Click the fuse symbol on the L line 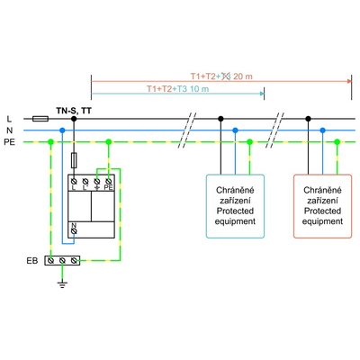40,118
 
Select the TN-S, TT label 73,109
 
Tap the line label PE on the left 9,141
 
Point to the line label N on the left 9,130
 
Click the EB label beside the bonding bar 31,260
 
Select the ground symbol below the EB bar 62,282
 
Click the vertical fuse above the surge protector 74,160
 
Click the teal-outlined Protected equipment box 235,206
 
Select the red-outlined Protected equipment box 321,206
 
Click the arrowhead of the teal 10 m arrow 264,94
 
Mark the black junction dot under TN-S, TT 74,118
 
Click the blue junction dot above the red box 322,130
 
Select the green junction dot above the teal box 249,141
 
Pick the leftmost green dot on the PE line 49,141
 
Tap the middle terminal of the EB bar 62,260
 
